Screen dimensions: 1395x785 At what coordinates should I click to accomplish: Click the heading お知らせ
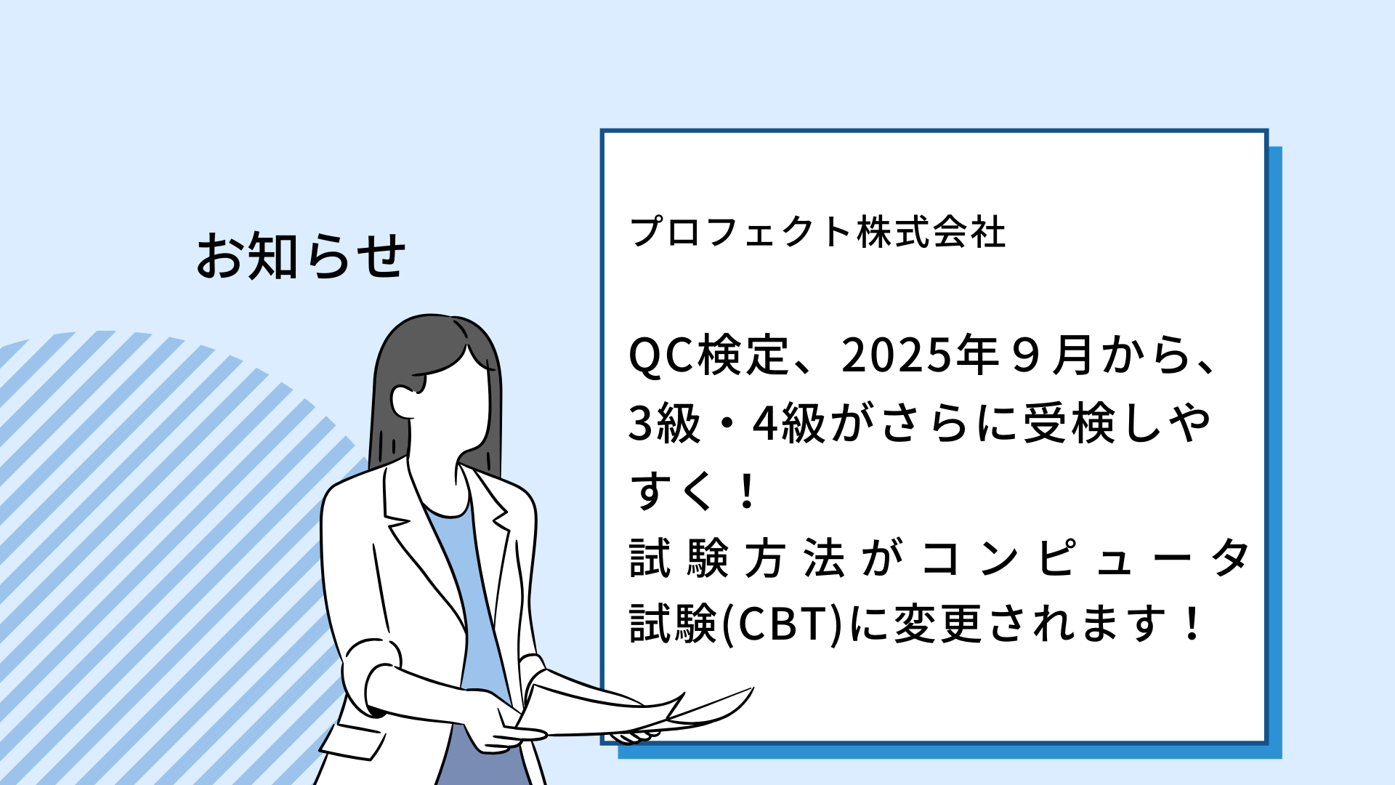(x=301, y=256)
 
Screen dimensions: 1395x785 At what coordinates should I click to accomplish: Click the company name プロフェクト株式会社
(x=818, y=233)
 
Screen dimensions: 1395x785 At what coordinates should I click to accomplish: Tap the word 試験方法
(x=737, y=559)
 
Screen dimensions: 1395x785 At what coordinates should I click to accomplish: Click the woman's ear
(x=403, y=401)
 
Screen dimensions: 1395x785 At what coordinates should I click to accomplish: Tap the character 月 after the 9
(x=1072, y=355)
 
